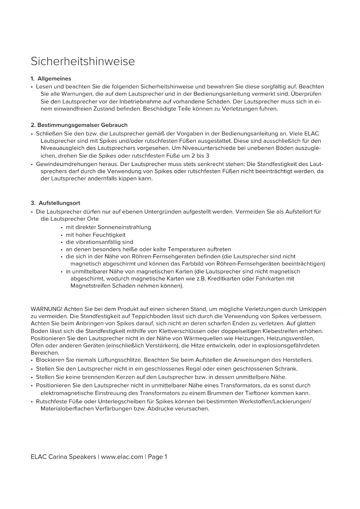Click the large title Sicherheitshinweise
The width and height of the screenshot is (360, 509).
83,62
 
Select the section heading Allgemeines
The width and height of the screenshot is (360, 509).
54,79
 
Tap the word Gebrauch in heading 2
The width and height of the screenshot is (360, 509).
114,125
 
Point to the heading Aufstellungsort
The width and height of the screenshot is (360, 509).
59,203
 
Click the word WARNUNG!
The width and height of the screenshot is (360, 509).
46,309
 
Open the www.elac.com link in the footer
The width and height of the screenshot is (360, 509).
122,457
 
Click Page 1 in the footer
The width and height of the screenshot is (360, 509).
158,457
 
